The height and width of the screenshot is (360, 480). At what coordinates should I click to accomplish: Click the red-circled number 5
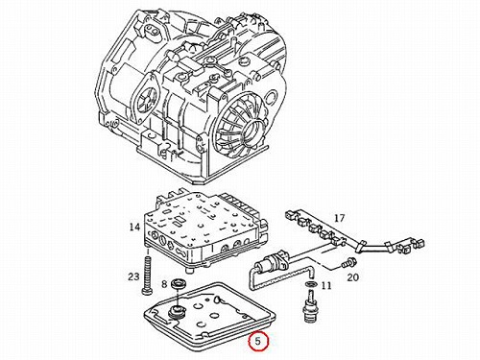pyautogui.click(x=258, y=341)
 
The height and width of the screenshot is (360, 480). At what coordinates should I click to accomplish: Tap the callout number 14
pyautogui.click(x=134, y=227)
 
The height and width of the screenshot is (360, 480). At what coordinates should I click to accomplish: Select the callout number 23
pyautogui.click(x=133, y=276)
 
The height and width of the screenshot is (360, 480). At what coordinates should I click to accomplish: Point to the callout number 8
pyautogui.click(x=164, y=283)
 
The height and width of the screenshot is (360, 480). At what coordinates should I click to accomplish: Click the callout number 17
pyautogui.click(x=339, y=218)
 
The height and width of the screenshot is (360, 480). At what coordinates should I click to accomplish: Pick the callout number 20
pyautogui.click(x=353, y=276)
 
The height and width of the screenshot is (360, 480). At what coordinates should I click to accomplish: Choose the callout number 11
pyautogui.click(x=326, y=285)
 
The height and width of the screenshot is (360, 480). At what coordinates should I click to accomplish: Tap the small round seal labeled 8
pyautogui.click(x=177, y=283)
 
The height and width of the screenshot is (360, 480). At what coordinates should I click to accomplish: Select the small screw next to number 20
pyautogui.click(x=348, y=264)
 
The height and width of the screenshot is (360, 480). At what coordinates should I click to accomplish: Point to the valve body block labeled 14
pyautogui.click(x=205, y=228)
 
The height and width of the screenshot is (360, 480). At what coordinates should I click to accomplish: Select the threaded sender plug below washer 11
pyautogui.click(x=310, y=304)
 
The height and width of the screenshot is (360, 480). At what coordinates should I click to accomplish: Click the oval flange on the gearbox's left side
pyautogui.click(x=146, y=96)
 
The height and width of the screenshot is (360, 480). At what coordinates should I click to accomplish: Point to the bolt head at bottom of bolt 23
pyautogui.click(x=147, y=291)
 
